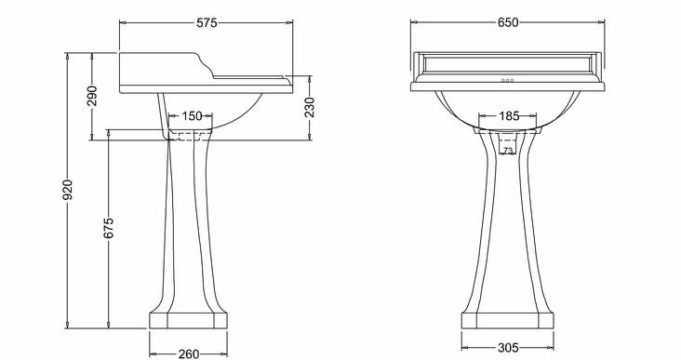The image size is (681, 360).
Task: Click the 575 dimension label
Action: click(x=207, y=22)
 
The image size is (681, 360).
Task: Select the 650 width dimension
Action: click(x=508, y=22)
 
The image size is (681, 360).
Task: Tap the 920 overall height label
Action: click(x=68, y=190)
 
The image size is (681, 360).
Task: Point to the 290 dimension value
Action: click(x=92, y=96)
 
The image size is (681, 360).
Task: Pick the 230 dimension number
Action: click(x=309, y=107)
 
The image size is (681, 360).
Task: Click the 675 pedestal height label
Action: click(x=109, y=228)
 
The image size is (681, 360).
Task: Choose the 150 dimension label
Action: click(x=192, y=116)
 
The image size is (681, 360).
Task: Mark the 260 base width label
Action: click(x=189, y=353)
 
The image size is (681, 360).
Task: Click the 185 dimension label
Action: click(x=509, y=116)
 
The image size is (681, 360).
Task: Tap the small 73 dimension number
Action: click(x=508, y=151)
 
